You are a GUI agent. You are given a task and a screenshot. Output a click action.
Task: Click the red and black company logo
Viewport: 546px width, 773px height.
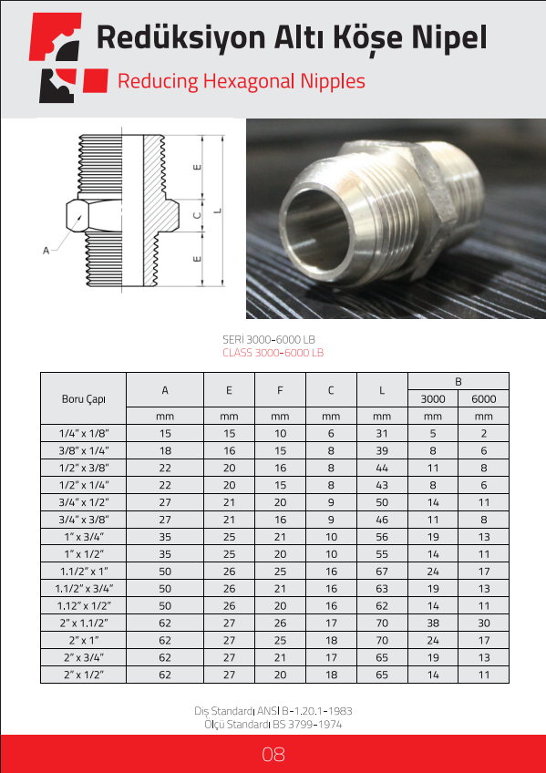pyautogui.click(x=68, y=57)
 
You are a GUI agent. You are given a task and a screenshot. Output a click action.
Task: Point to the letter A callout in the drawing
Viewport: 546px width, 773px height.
pyautogui.click(x=46, y=251)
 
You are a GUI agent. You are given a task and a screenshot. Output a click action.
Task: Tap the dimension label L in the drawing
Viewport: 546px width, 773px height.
pyautogui.click(x=218, y=211)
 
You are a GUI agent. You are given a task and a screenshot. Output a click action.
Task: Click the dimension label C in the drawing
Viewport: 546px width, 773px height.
pyautogui.click(x=197, y=215)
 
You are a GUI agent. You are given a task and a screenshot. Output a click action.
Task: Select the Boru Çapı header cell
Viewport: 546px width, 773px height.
pyautogui.click(x=83, y=399)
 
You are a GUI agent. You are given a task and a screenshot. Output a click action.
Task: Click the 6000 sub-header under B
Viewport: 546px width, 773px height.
pyautogui.click(x=483, y=399)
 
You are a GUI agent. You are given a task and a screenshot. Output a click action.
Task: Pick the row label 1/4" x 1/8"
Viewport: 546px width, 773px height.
pyautogui.click(x=83, y=434)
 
